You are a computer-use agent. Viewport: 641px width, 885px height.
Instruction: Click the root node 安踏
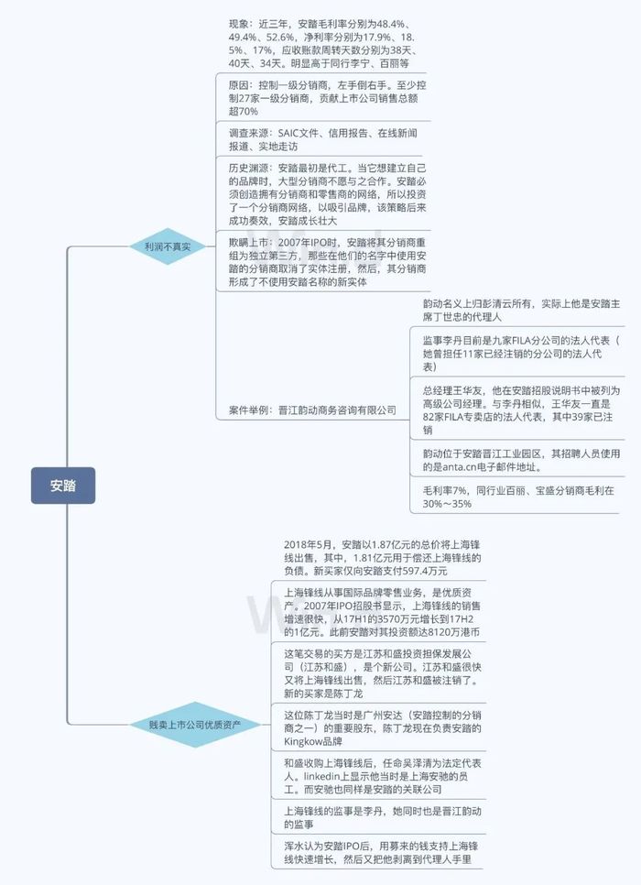(x=63, y=486)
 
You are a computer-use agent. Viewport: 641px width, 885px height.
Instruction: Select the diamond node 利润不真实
(x=168, y=246)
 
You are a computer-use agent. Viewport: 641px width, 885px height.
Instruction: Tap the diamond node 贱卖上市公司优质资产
(x=195, y=725)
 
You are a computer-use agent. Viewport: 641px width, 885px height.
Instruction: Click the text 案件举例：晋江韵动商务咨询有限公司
(x=312, y=410)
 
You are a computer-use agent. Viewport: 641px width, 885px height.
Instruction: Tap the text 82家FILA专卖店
(x=457, y=417)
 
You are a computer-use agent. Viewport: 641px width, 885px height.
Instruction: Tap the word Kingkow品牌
(x=313, y=742)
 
